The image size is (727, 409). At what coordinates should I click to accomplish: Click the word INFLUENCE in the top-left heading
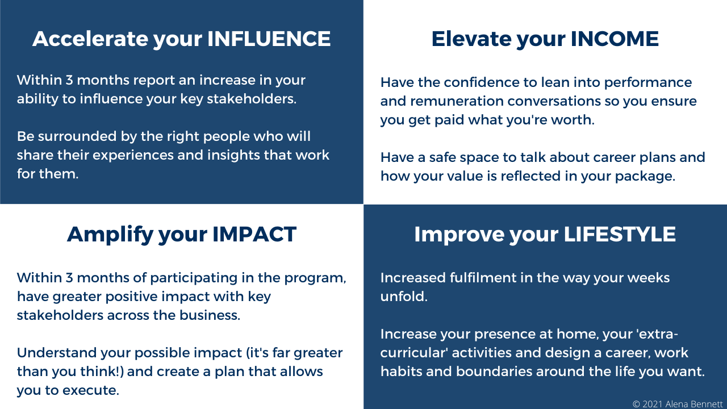269,39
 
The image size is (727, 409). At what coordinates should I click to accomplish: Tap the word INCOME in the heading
615,39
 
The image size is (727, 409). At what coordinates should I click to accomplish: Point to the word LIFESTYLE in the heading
620,234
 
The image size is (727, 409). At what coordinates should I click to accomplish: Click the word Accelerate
90,39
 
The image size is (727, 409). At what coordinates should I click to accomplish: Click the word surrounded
77,136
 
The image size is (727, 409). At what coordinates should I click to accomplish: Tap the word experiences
133,156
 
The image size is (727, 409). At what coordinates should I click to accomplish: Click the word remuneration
457,101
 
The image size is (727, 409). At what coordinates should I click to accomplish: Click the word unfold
404,297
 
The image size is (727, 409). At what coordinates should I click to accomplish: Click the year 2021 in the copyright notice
653,404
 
